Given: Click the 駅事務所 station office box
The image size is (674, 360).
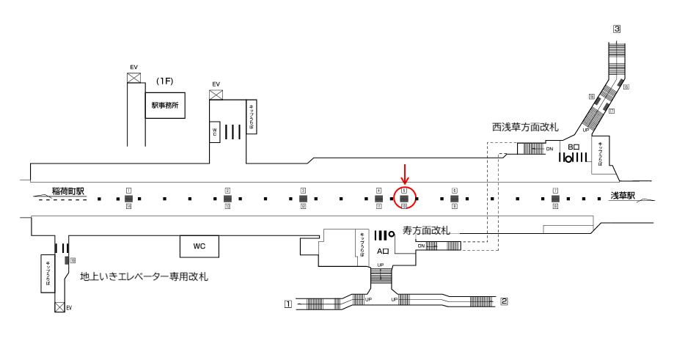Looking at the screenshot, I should point(164,106).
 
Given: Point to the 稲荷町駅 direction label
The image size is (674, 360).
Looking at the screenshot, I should point(68,192).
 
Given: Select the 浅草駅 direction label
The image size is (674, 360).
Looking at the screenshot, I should point(626,196).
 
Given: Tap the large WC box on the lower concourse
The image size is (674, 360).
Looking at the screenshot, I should point(199,246).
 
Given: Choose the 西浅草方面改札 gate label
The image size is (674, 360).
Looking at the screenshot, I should point(525,128).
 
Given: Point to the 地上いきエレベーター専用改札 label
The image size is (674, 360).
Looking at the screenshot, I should point(144,276).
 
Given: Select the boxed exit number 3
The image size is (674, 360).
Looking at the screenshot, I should point(618,29).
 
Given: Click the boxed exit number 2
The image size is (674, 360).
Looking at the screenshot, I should point(504,301).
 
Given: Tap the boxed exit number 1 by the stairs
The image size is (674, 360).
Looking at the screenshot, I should point(288,303).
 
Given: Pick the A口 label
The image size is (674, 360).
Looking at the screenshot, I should point(382,249).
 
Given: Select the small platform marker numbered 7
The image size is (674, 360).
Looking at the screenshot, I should point(555,191).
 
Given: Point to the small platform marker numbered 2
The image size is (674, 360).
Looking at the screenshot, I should point(227,191).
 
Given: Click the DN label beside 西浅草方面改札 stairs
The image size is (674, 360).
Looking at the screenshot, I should point(549,148).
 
